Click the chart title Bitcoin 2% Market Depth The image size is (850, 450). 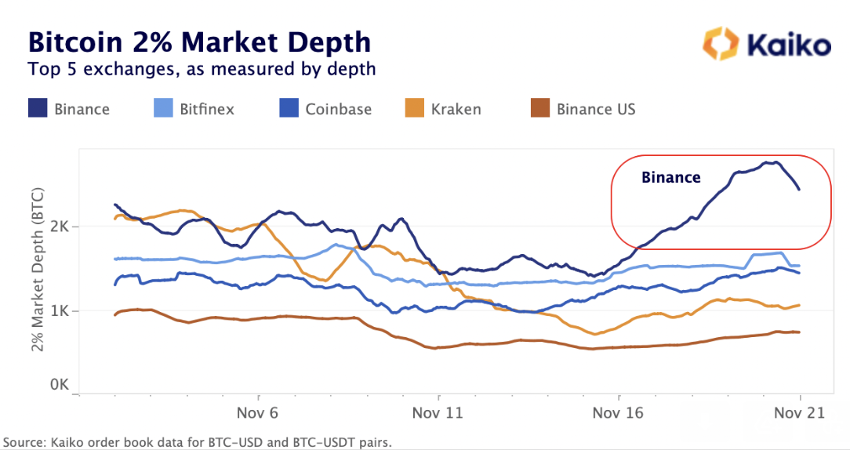coord(199,41)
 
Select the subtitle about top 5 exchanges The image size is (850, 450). coord(202,69)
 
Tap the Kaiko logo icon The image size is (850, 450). coord(719,44)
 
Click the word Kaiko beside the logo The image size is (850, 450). coord(787,45)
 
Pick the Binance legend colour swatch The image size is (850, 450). coord(38,108)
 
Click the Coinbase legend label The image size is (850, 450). coord(338,109)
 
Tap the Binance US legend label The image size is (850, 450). coord(596,109)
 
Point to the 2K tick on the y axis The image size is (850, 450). coord(62,227)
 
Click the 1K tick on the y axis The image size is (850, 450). coord(62,311)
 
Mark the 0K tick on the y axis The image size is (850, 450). coord(62,385)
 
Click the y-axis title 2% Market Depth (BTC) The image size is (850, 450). coord(38,269)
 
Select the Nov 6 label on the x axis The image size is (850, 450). coord(259,412)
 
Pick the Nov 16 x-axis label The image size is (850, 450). coord(619,412)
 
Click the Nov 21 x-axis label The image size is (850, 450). coord(799,412)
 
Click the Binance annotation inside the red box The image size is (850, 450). coord(670,177)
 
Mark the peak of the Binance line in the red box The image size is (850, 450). coord(773,162)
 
